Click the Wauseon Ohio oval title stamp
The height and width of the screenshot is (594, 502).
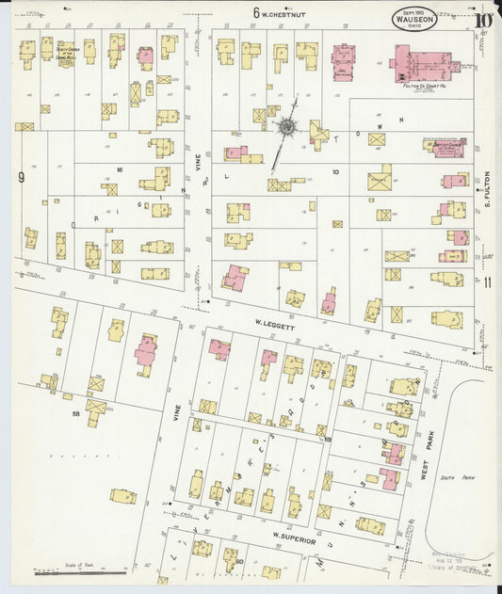[414, 18]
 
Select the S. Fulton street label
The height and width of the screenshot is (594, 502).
[488, 188]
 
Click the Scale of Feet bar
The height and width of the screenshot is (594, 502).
[80, 570]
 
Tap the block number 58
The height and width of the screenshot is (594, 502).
[73, 412]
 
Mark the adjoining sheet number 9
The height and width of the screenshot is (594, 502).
[20, 176]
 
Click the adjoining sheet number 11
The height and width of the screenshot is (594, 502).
[487, 281]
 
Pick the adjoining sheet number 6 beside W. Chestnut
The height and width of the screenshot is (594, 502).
[255, 12]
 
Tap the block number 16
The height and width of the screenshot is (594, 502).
[120, 169]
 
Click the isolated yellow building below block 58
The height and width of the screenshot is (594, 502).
[122, 495]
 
